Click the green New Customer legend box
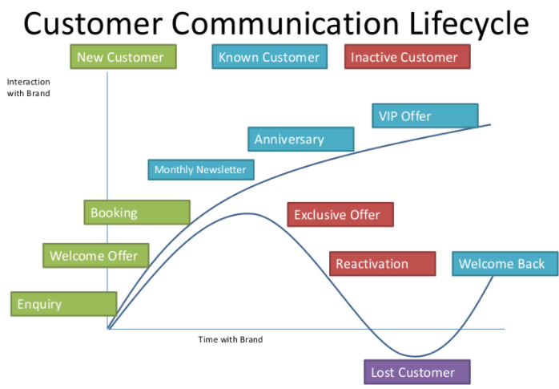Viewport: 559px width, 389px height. click(123, 57)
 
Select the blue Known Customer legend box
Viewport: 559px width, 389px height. click(270, 57)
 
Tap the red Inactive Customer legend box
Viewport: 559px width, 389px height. click(408, 57)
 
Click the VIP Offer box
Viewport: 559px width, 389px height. click(425, 115)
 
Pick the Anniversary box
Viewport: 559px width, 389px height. click(301, 139)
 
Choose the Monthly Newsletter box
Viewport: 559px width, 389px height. click(201, 169)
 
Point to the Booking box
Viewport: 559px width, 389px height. click(137, 213)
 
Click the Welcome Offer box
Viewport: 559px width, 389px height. click(96, 256)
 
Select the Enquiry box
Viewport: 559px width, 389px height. click(64, 304)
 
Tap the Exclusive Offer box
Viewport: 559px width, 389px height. click(340, 214)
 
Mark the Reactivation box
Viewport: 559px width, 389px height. click(383, 263)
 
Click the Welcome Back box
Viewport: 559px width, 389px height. click(505, 263)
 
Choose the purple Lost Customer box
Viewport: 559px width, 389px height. click(417, 372)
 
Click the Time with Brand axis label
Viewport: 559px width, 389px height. click(231, 339)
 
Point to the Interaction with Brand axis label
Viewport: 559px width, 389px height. click(29, 87)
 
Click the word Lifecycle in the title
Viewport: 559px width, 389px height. click(469, 23)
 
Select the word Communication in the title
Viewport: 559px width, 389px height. click(285, 23)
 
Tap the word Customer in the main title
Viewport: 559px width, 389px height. click(94, 23)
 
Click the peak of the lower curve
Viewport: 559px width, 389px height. click(247, 213)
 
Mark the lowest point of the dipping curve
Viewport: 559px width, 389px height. click(415, 356)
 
